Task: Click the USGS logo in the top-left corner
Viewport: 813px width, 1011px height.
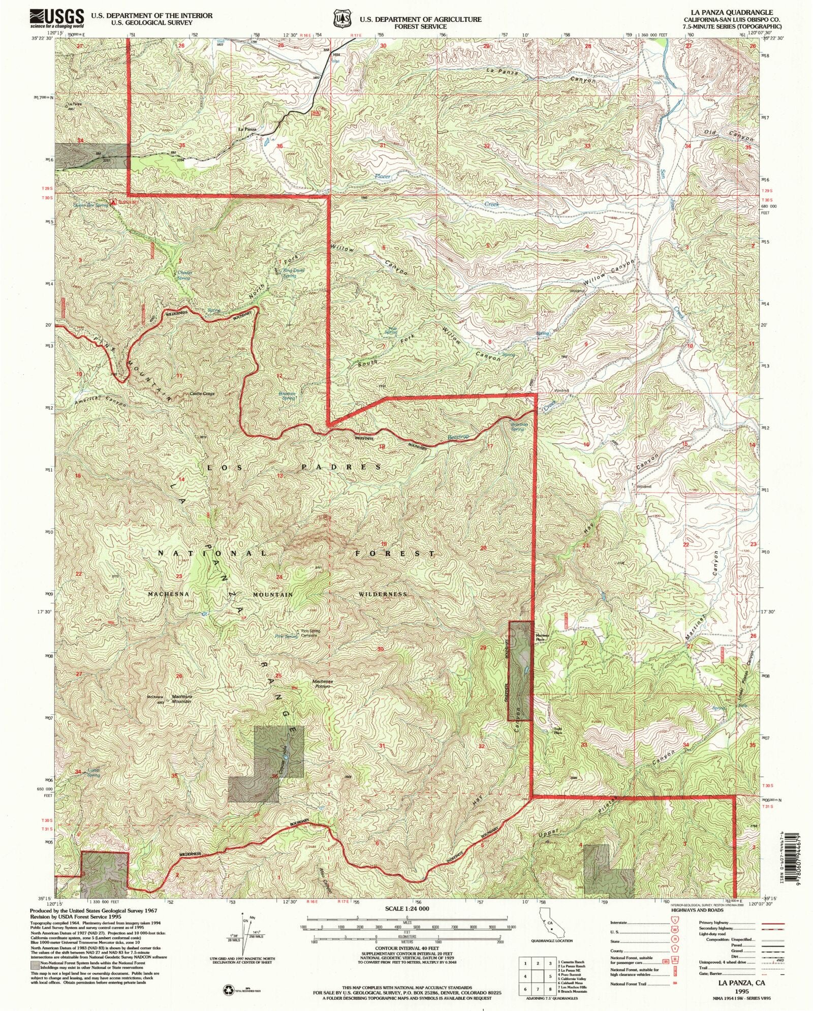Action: tap(57, 18)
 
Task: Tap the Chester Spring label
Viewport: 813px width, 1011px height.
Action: tap(184, 275)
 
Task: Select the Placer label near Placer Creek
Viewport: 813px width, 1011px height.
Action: tap(383, 176)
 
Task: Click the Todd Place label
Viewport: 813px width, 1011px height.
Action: tap(558, 731)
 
